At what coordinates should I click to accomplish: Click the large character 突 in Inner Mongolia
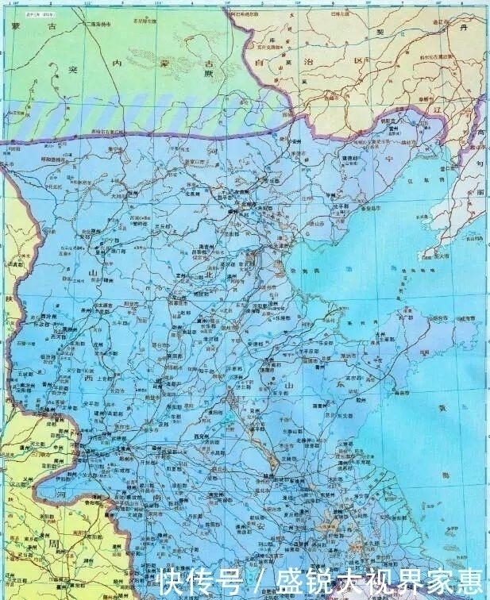(x=52, y=69)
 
